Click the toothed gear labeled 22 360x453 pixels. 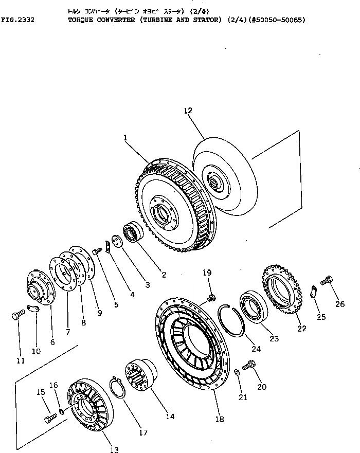(x=282, y=289)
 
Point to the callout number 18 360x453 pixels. (x=220, y=420)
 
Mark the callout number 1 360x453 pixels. (x=124, y=138)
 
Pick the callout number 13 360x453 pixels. (x=114, y=449)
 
